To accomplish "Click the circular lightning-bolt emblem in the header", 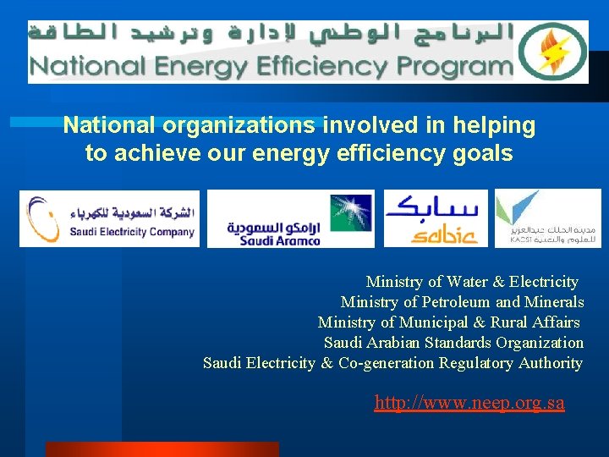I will pyautogui.click(x=552, y=52).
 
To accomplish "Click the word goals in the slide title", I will pyautogui.click(x=483, y=153).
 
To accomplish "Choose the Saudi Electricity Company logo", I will pyautogui.click(x=110, y=218).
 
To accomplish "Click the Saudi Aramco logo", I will pyautogui.click(x=290, y=218).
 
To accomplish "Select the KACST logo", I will pyautogui.click(x=547, y=218).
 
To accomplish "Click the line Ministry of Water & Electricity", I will pyautogui.click(x=472, y=282).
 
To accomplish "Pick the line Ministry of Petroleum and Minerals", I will pyautogui.click(x=462, y=302).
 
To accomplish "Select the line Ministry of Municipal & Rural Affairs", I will pyautogui.click(x=449, y=322).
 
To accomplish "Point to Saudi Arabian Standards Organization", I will pyautogui.click(x=453, y=343).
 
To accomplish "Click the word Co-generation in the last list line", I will pyautogui.click(x=386, y=363).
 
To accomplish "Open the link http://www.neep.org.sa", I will pyautogui.click(x=469, y=403).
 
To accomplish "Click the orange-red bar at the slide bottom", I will pyautogui.click(x=161, y=449).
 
